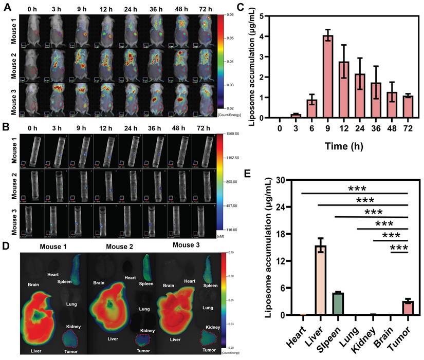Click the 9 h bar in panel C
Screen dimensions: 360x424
328,77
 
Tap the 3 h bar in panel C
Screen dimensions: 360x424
294,116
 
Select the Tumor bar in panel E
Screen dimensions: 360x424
408,308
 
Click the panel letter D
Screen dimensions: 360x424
6,245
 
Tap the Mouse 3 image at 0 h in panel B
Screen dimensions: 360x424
31,219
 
